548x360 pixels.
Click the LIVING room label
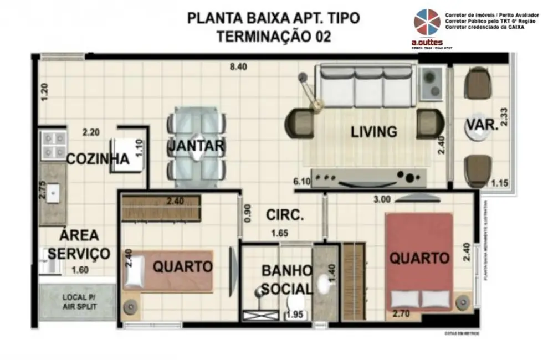[x=373, y=132]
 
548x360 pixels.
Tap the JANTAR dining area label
[x=196, y=146]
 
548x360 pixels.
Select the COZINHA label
[x=98, y=160]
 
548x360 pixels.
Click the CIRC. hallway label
[x=284, y=215]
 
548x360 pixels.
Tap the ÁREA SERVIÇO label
[x=78, y=244]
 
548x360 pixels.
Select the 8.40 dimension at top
[x=238, y=67]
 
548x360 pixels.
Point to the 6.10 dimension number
[x=301, y=181]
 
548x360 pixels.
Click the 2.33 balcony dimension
[x=503, y=117]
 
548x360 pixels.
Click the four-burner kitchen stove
[x=54, y=145]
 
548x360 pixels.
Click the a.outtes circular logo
[x=427, y=23]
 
